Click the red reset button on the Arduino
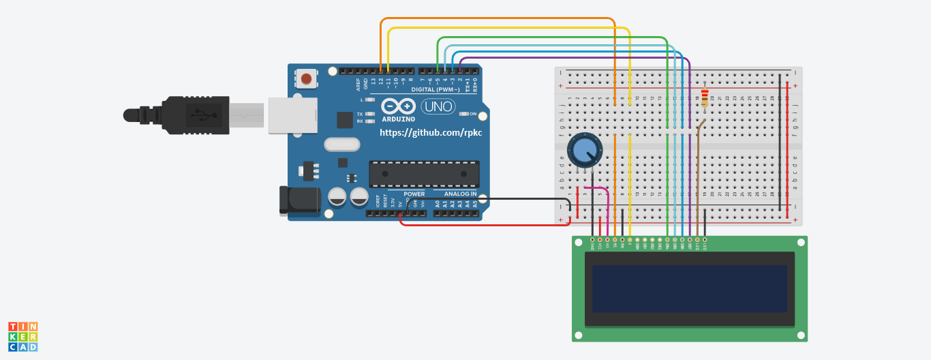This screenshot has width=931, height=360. (x=307, y=78)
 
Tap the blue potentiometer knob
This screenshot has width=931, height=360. (x=584, y=150)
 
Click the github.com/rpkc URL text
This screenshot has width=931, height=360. (x=430, y=132)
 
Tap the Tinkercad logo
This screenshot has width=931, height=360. (x=22, y=337)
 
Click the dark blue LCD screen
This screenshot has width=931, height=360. (x=689, y=288)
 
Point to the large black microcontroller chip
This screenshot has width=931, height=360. (x=423, y=174)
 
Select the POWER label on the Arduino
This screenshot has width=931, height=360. (x=414, y=194)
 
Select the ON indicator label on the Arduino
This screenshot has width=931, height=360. (x=473, y=113)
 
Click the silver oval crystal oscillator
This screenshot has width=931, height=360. (x=341, y=145)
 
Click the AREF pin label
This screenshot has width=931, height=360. (x=358, y=84)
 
